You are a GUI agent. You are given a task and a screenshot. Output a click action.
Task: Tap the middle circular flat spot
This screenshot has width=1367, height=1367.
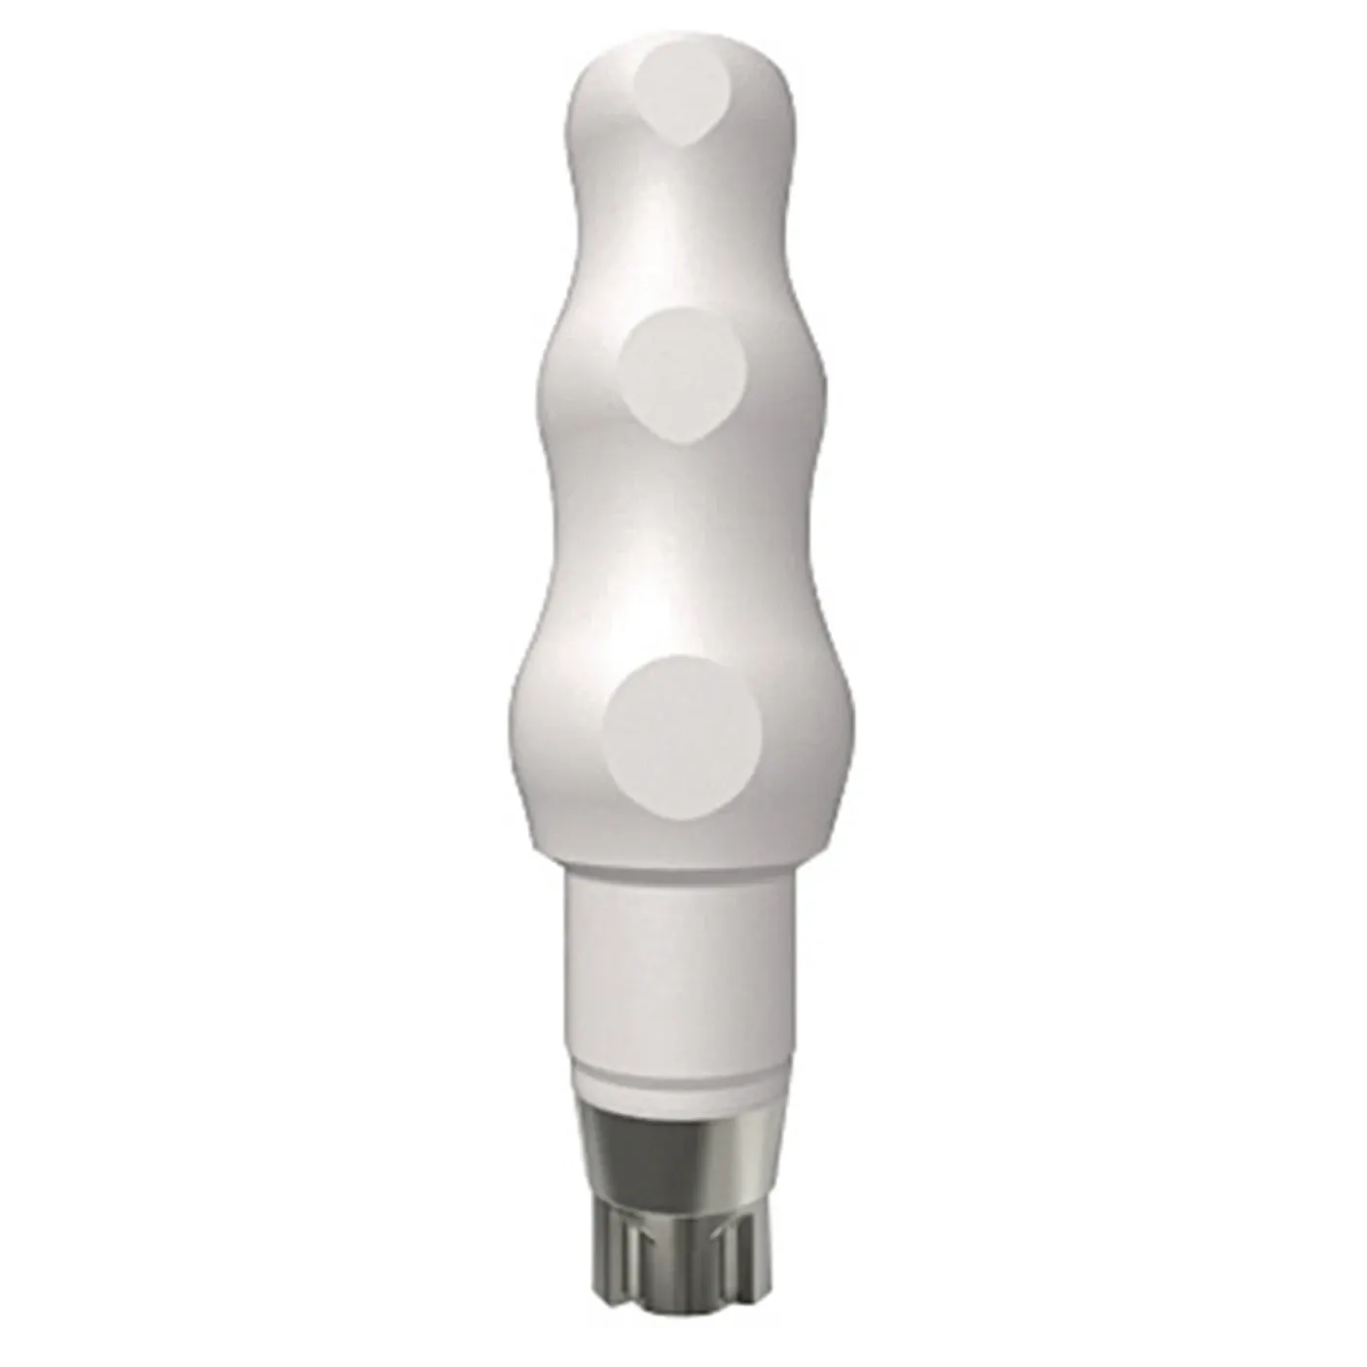(683, 376)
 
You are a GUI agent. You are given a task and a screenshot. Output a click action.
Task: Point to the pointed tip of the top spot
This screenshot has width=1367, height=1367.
(692, 145)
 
